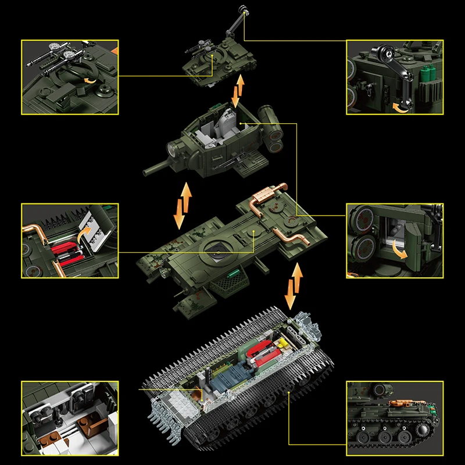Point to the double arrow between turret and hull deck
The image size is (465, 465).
183,206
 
